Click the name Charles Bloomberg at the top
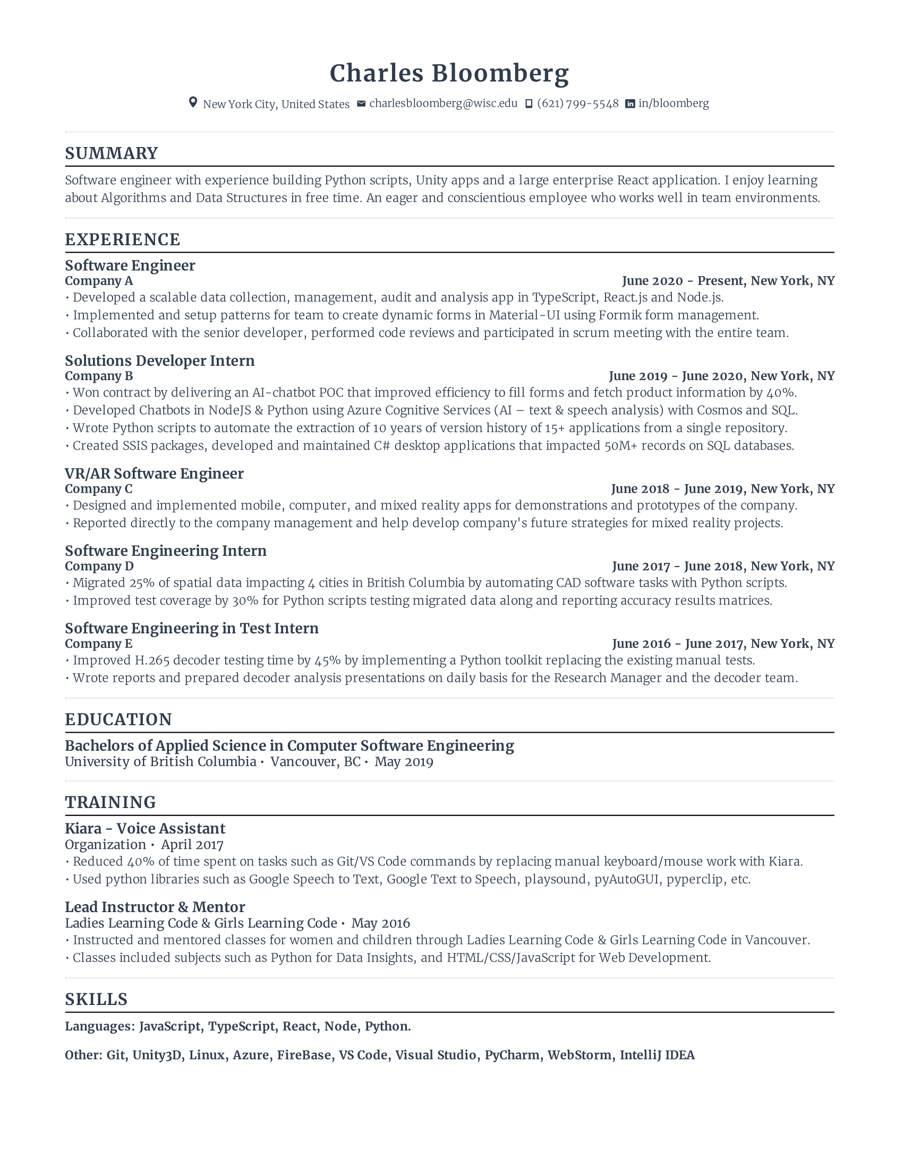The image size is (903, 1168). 449,73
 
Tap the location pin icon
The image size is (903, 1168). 193,102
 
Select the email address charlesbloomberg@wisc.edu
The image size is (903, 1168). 443,103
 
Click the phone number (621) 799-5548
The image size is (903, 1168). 578,103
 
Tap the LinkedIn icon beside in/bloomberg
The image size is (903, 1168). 630,104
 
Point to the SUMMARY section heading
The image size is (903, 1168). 111,153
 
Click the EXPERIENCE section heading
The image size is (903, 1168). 123,239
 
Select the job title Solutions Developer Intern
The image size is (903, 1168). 159,360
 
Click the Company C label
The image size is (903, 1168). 98,489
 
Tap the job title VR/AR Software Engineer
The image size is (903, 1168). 154,473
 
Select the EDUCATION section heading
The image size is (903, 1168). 118,720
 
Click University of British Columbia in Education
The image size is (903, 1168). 160,761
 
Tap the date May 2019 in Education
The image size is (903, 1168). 403,761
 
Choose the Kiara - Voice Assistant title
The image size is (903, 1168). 145,828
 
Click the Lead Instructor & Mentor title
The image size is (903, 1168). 155,907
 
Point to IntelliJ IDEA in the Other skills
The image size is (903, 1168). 657,1055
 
